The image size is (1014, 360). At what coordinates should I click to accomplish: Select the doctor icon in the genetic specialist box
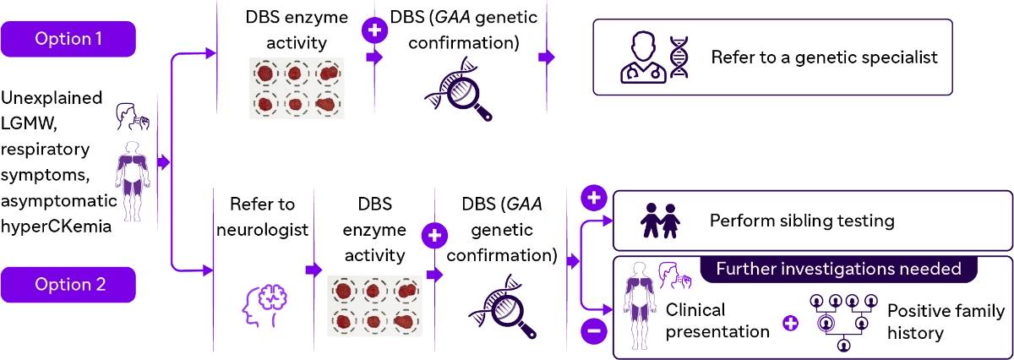[x=641, y=57]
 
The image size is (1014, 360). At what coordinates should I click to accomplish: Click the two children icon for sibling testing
[x=660, y=221]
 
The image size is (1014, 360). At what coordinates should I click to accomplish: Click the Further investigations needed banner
[x=839, y=270]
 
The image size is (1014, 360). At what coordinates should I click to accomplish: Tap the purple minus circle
[x=594, y=331]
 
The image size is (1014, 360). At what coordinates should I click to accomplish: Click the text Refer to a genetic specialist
[x=824, y=58]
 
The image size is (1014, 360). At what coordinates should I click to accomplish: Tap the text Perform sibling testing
[x=802, y=221]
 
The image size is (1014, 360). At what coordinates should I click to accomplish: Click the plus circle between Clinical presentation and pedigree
[x=790, y=323]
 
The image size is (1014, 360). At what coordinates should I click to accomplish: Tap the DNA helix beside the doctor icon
[x=679, y=57]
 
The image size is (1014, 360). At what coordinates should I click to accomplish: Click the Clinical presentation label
[x=717, y=320]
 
